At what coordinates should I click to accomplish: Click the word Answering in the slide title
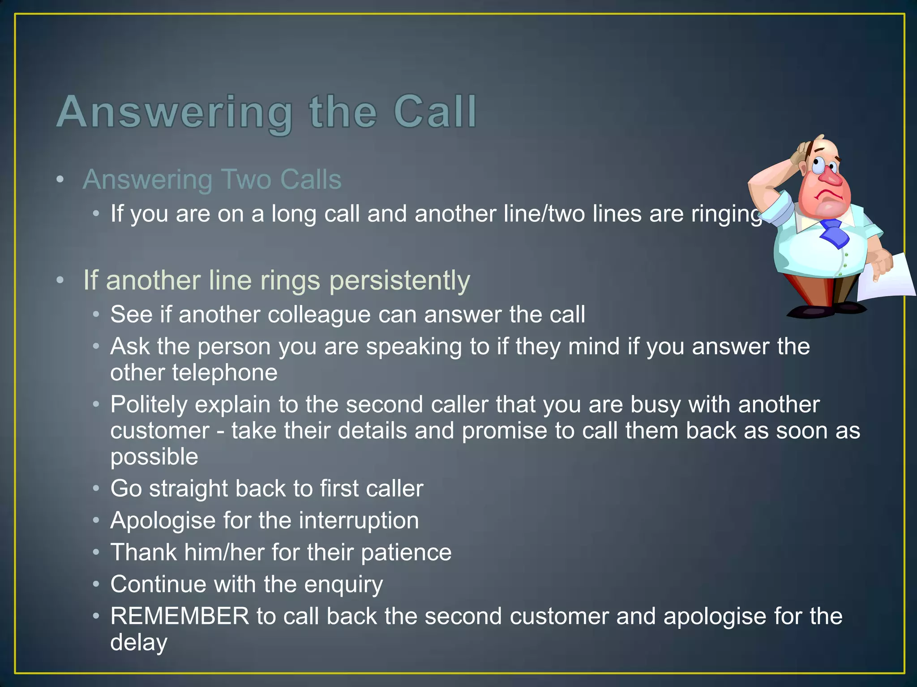pos(175,112)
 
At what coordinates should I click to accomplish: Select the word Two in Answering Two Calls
pos(246,180)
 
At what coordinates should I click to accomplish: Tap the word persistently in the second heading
pos(399,281)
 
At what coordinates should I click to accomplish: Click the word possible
pos(154,457)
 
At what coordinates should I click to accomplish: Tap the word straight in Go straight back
pos(189,488)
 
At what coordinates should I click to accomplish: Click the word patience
pos(406,552)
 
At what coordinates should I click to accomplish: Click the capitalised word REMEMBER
pos(180,616)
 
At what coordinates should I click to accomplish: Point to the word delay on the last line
pos(139,642)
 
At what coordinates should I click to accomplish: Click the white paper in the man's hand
pos(889,280)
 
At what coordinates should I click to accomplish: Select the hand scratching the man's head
pos(801,152)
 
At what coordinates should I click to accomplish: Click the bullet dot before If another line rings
pos(60,281)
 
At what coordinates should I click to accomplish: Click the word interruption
pos(359,521)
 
